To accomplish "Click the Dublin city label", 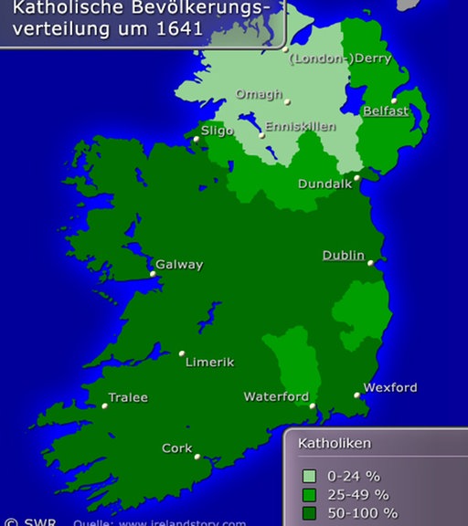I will (x=343, y=256).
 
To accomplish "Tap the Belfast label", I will (x=385, y=110).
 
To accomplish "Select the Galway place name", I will (x=179, y=265).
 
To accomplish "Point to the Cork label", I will (x=176, y=448).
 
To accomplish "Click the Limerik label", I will (x=209, y=363).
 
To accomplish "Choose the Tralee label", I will (x=128, y=398).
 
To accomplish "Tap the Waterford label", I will (x=276, y=397).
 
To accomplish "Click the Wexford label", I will (x=390, y=387).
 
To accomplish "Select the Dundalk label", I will (x=324, y=184).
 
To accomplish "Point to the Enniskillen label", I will (x=301, y=127).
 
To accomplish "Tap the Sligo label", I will (x=218, y=131).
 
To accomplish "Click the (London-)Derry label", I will (x=340, y=58).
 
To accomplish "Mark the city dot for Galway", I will (x=153, y=273).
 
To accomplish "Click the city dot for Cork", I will (x=197, y=457).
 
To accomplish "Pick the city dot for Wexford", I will (x=357, y=395).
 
